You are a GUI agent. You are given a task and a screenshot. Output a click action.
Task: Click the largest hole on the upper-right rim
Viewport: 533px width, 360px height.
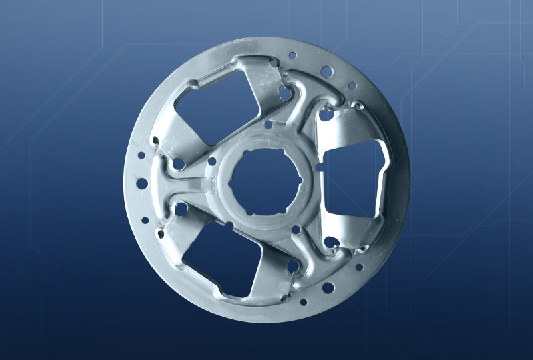tap(326, 71)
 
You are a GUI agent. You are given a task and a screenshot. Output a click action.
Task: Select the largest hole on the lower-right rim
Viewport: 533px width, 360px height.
tap(328, 288)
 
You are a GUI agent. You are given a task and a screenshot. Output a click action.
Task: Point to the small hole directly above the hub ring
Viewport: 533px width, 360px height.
tap(268, 124)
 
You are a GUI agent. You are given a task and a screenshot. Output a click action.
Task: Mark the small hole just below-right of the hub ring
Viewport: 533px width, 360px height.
tap(296, 230)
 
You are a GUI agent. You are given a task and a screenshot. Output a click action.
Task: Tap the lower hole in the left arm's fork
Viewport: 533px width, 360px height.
tap(181, 209)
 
